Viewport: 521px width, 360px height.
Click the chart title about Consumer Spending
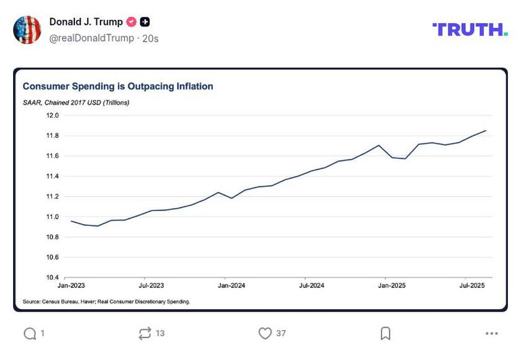coord(118,86)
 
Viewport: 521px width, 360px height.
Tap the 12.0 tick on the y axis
coord(52,115)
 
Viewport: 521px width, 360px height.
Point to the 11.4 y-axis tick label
coord(52,176)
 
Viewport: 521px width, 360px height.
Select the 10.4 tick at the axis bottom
coord(52,277)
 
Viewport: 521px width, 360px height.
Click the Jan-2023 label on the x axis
coord(71,286)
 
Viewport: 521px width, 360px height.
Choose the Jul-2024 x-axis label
coord(312,286)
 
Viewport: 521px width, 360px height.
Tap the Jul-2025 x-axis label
coord(472,286)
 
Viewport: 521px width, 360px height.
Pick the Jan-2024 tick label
coord(232,286)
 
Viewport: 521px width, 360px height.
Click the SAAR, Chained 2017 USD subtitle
coord(76,102)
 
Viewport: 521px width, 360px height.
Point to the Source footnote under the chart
coord(106,302)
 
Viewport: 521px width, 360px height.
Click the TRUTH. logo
coord(470,29)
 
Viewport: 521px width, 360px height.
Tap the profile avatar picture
coord(27,30)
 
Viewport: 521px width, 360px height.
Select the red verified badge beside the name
coord(131,22)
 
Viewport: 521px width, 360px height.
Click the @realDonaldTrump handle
coord(92,38)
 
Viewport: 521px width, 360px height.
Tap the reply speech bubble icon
coord(30,334)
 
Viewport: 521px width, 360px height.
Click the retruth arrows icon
coord(145,334)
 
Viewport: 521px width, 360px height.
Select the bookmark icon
coord(385,334)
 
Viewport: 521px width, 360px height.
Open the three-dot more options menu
coord(492,334)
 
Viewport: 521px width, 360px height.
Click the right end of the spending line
coord(486,130)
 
